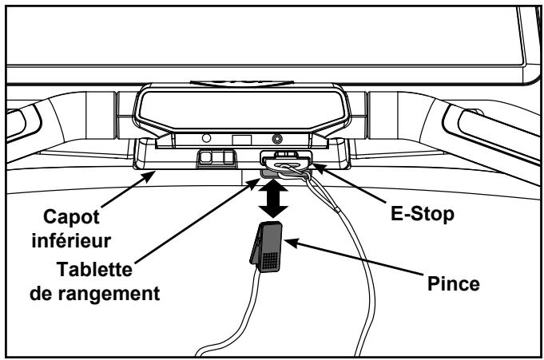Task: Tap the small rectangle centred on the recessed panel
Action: tap(239, 139)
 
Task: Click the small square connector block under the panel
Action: tap(212, 158)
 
